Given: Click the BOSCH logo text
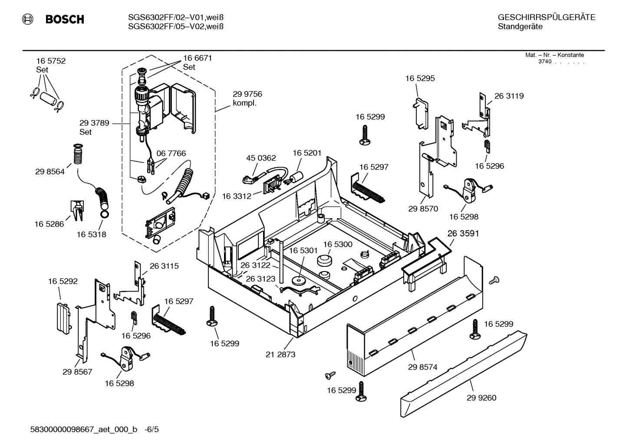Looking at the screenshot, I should pyautogui.click(x=65, y=20).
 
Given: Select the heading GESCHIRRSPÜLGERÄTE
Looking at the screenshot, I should pyautogui.click(x=546, y=17).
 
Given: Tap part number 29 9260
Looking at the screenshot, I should pyautogui.click(x=481, y=398).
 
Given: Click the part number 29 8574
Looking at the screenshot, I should pyautogui.click(x=422, y=367).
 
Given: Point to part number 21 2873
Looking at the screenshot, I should pyautogui.click(x=280, y=354).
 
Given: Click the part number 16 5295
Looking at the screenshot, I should pyautogui.click(x=420, y=79).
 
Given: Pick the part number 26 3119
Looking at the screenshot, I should pyautogui.click(x=509, y=96).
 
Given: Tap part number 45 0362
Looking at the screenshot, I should pyautogui.click(x=261, y=158).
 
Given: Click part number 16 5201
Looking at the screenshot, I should pyautogui.click(x=307, y=153).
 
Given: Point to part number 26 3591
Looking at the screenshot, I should pyautogui.click(x=463, y=233).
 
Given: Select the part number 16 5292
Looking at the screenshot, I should pyautogui.click(x=63, y=281).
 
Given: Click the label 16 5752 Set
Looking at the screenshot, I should pyautogui.click(x=51, y=65).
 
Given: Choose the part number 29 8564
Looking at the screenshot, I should pyautogui.click(x=50, y=172).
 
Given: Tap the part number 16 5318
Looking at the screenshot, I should pyautogui.click(x=91, y=234).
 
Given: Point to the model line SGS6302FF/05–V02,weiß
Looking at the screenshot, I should pyautogui.click(x=176, y=26).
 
